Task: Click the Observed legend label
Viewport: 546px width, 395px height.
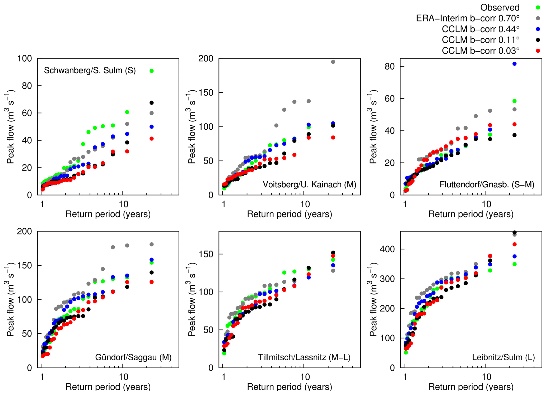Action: tap(500, 7)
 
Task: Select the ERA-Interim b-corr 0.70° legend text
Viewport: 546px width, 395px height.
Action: tap(468, 18)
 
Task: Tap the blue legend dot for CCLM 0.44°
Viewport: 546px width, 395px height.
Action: tap(538, 29)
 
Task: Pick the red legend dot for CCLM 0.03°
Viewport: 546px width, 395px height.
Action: tap(538, 51)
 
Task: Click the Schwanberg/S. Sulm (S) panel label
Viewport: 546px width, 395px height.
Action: tap(90, 70)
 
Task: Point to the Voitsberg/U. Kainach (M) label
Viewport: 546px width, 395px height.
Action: tap(310, 184)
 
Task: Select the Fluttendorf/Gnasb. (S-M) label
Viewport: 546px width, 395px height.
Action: tap(487, 184)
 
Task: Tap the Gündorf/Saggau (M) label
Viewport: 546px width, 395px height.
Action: tap(133, 357)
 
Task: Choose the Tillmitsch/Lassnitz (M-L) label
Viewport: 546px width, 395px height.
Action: tap(304, 357)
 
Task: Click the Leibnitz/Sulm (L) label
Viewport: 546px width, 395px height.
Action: tap(503, 357)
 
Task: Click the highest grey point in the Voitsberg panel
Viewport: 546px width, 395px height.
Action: tap(333, 62)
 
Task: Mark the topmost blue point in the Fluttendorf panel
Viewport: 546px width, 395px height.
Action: tap(514, 64)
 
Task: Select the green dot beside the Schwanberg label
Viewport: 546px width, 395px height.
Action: tap(152, 71)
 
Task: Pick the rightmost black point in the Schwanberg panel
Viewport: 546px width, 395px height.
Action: tap(152, 103)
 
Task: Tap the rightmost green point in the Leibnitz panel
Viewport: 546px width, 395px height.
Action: tap(514, 264)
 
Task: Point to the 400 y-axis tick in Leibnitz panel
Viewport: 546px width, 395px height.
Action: tap(387, 249)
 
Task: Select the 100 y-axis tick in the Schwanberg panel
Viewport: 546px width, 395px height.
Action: tap(25, 58)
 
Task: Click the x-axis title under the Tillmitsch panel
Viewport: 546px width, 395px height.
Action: tap(290, 387)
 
